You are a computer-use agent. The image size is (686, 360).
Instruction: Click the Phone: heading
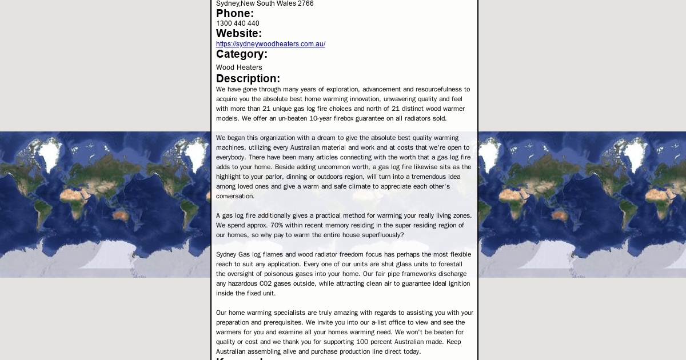tap(234, 14)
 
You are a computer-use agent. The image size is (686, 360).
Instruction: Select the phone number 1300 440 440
tap(237, 23)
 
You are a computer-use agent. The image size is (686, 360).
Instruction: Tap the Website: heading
tap(238, 34)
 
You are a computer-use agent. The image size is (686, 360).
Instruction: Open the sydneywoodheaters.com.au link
tap(270, 44)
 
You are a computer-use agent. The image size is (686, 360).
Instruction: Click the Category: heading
tap(241, 54)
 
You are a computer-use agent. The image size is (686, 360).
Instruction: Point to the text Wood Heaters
tap(239, 67)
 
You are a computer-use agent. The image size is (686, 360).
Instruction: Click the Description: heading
tap(248, 79)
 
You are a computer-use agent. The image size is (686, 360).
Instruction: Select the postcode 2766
tap(306, 3)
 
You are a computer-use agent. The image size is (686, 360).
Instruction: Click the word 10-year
tap(321, 118)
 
